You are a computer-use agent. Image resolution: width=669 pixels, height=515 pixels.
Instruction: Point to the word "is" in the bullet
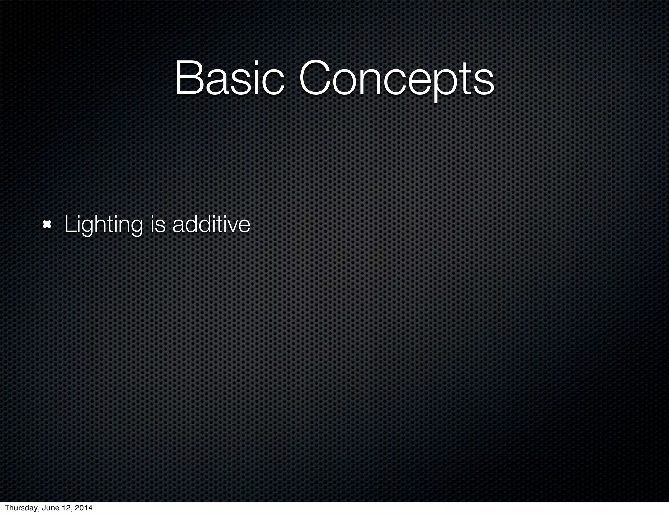(158, 225)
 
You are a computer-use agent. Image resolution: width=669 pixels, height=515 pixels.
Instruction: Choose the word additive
(211, 224)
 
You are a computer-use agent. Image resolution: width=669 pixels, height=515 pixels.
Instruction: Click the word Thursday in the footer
(23, 508)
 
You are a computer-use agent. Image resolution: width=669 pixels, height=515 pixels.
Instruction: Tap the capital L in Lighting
(69, 224)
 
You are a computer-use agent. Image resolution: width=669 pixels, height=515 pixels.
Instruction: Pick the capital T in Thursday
(7, 508)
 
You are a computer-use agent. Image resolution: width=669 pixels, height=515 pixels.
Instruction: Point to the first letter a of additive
(179, 226)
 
